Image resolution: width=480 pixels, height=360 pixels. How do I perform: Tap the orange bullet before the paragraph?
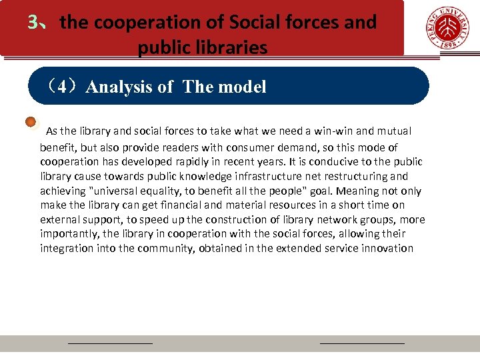click(x=31, y=123)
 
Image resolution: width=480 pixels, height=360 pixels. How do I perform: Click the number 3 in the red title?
click(x=33, y=23)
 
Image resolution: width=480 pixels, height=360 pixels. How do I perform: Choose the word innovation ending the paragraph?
click(x=386, y=248)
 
